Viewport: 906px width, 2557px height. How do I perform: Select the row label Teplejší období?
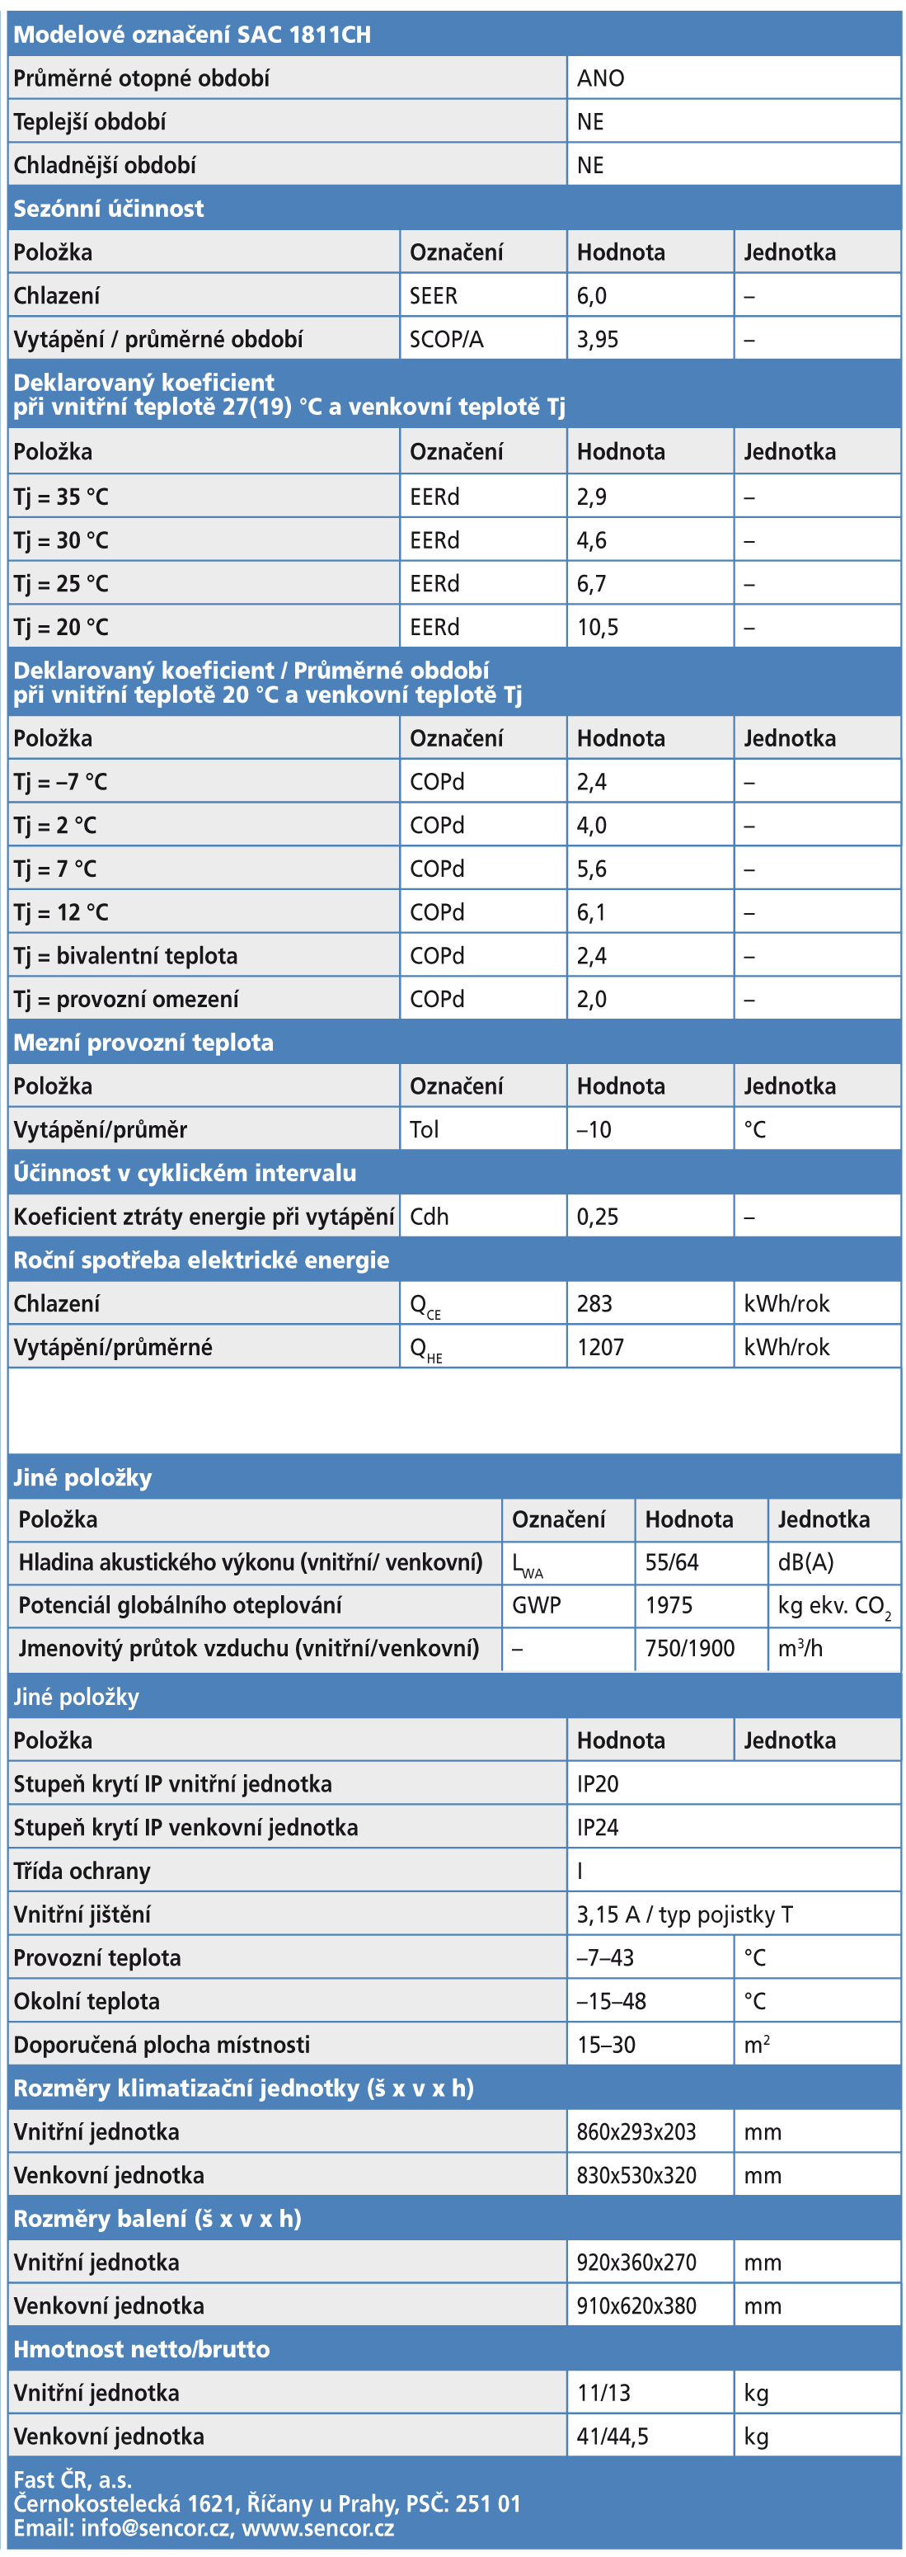(89, 122)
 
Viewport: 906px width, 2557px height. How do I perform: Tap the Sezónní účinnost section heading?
(108, 209)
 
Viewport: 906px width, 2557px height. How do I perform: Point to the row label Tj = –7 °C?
(59, 782)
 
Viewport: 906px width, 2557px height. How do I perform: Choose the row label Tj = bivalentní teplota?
(125, 956)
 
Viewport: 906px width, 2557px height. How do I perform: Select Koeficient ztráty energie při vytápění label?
(204, 1216)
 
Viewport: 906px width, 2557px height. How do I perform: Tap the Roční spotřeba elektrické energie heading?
(200, 1260)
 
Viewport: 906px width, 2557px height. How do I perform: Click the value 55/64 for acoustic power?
(672, 1562)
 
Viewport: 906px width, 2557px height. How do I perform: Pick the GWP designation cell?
(536, 1605)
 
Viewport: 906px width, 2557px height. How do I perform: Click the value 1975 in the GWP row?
(669, 1605)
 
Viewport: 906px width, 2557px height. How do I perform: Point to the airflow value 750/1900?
(690, 1649)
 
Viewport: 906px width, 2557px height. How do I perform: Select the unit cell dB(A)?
(805, 1562)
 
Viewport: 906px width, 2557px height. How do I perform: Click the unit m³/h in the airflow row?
(800, 1649)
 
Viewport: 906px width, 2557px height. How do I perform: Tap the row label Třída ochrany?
(82, 1871)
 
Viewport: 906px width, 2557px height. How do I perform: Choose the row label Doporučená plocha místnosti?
(161, 2045)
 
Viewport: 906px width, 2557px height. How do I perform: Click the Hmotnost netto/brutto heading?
(141, 2349)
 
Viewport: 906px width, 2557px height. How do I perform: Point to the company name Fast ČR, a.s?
(73, 2479)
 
